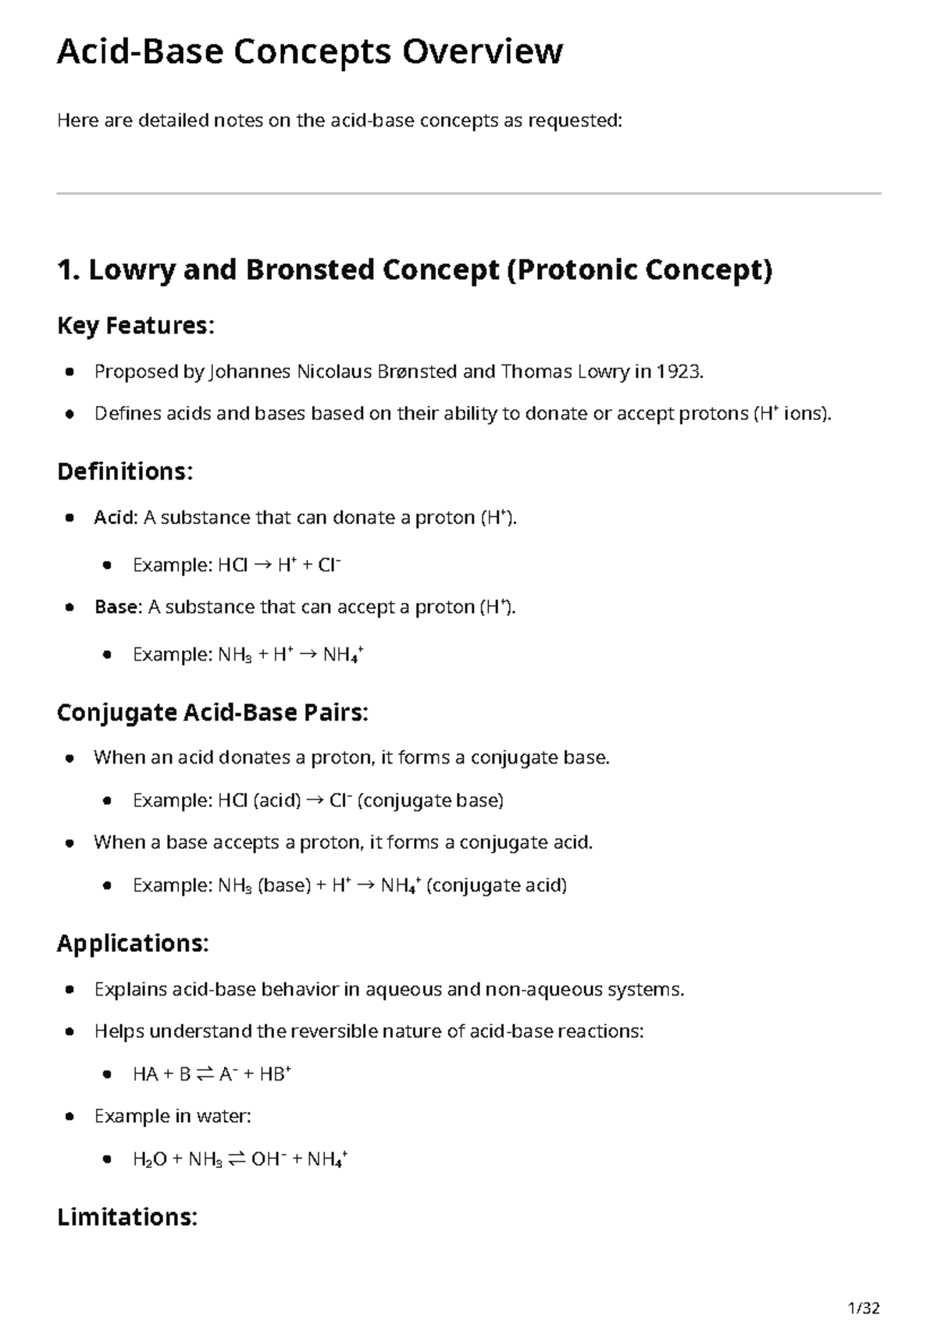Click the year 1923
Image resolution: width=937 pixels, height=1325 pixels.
(x=679, y=372)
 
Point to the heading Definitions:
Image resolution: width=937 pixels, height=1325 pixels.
(x=125, y=472)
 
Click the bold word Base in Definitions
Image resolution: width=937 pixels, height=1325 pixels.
(x=116, y=607)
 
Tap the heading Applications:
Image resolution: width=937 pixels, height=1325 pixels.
(x=133, y=943)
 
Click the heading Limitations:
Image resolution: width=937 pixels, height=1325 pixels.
(x=127, y=1216)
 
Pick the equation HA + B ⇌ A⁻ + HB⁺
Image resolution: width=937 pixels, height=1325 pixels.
(x=212, y=1074)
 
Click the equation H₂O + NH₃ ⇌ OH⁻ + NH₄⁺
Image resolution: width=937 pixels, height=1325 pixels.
(x=240, y=1159)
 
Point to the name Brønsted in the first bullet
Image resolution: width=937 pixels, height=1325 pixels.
(x=417, y=372)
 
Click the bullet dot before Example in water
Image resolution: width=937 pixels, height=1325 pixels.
(x=70, y=1117)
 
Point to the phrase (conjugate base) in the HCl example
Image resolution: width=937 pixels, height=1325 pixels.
(x=430, y=800)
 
